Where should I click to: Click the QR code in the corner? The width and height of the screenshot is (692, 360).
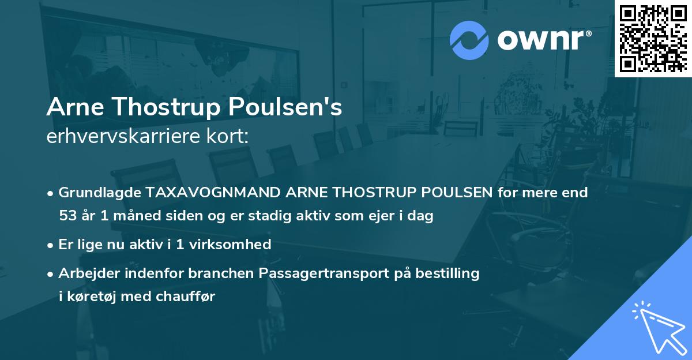(653, 37)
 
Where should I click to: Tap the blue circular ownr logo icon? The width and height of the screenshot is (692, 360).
(469, 40)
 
